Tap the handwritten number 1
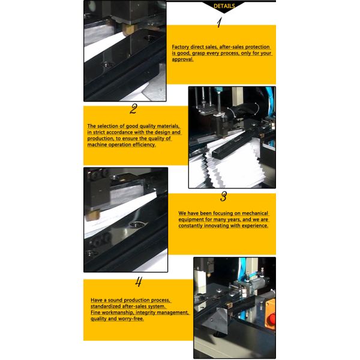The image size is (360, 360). pyautogui.click(x=220, y=23)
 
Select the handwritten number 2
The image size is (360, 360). pyautogui.click(x=133, y=109)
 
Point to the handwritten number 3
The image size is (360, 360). pyautogui.click(x=224, y=196)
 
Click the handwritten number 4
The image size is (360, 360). pyautogui.click(x=139, y=282)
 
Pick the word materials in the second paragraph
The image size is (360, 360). pyautogui.click(x=165, y=125)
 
